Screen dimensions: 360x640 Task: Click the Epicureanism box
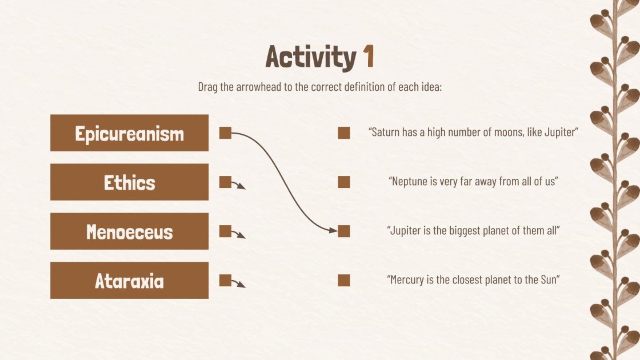click(129, 133)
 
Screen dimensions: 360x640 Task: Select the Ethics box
click(129, 182)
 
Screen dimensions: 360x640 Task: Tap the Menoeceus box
click(129, 231)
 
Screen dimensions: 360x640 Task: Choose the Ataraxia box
click(129, 281)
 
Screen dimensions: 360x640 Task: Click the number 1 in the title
click(369, 57)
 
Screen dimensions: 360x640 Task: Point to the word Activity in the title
click(311, 57)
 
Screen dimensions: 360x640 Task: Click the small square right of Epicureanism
click(226, 133)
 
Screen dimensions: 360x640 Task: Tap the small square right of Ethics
click(226, 182)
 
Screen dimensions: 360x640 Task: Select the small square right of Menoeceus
click(226, 231)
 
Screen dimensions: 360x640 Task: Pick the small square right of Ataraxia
click(226, 280)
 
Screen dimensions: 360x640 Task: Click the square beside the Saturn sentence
click(343, 133)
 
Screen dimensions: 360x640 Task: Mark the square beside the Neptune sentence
click(343, 182)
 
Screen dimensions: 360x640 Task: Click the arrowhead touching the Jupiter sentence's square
click(334, 231)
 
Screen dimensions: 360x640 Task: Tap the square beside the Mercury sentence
click(343, 280)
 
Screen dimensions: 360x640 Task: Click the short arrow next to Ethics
click(239, 185)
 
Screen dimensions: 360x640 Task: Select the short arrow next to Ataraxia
click(239, 283)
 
